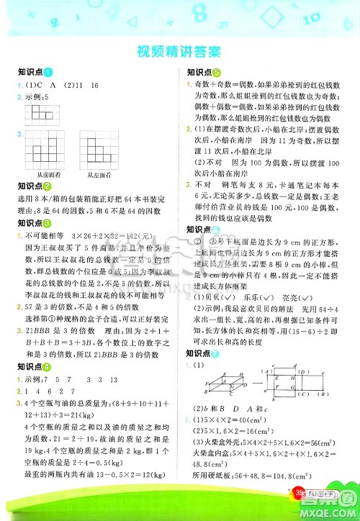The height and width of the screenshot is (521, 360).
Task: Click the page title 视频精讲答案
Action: click(179, 52)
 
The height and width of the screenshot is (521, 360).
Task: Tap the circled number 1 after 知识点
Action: click(48, 73)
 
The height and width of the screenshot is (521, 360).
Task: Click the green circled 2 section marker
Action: click(48, 186)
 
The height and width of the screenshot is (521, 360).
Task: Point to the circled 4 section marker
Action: click(48, 367)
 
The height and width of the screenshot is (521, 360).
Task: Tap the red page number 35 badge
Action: click(299, 512)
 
